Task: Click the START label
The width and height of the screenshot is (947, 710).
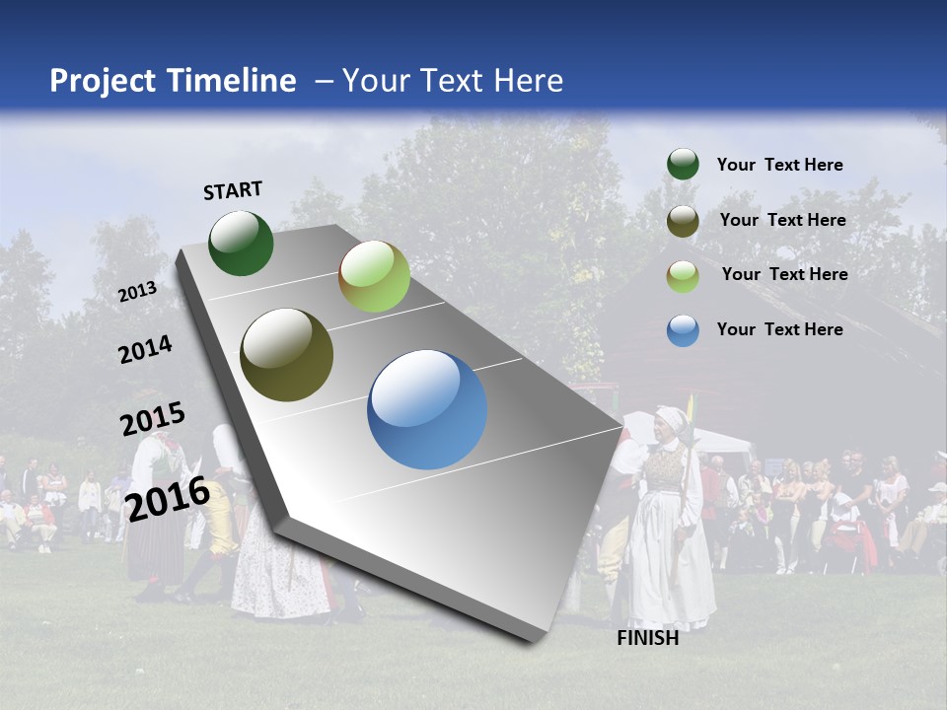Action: click(x=233, y=190)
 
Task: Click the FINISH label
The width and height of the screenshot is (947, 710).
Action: click(x=647, y=638)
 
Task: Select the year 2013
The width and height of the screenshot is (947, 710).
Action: click(x=137, y=292)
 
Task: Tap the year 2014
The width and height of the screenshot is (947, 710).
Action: click(x=145, y=350)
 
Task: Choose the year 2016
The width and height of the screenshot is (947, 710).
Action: click(x=168, y=498)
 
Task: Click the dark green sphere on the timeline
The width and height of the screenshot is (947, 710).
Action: click(x=241, y=243)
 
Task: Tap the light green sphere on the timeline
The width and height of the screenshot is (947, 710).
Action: click(x=374, y=276)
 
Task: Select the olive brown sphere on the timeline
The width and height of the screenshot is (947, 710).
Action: click(x=287, y=355)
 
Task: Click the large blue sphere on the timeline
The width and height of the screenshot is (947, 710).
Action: click(x=427, y=409)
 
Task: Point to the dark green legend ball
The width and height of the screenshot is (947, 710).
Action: click(x=683, y=164)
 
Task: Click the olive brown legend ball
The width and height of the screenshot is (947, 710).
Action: click(x=683, y=221)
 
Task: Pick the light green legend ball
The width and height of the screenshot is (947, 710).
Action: click(x=683, y=276)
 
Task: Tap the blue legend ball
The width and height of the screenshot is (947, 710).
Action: click(x=683, y=330)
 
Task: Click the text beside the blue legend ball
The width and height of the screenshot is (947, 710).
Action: click(x=779, y=329)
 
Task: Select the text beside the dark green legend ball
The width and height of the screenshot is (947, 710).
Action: click(x=779, y=165)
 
